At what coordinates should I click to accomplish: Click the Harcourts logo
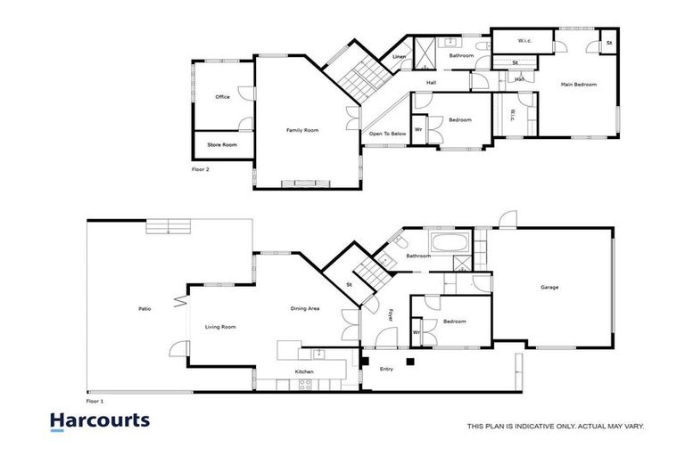pyautogui.click(x=99, y=420)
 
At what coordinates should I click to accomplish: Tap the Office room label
pyautogui.click(x=222, y=96)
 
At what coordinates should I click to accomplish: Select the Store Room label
pyautogui.click(x=222, y=144)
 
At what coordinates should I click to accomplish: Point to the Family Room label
pyautogui.click(x=301, y=130)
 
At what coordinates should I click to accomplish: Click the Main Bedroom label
pyautogui.click(x=578, y=85)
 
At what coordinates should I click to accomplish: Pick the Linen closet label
pyautogui.click(x=399, y=58)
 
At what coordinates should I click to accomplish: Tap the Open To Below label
pyautogui.click(x=388, y=134)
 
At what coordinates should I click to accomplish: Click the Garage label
pyautogui.click(x=550, y=287)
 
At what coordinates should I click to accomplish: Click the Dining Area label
pyautogui.click(x=305, y=309)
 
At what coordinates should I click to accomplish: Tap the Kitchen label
pyautogui.click(x=305, y=371)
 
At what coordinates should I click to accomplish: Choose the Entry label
pyautogui.click(x=386, y=368)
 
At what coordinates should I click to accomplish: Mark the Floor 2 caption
pyautogui.click(x=200, y=168)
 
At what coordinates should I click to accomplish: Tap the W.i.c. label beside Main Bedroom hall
pyautogui.click(x=512, y=116)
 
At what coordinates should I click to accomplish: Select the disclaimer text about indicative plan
pyautogui.click(x=555, y=426)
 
